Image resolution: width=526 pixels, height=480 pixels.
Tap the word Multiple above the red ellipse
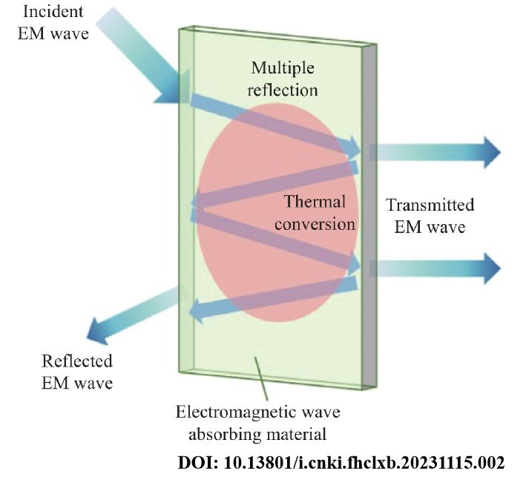click(x=283, y=68)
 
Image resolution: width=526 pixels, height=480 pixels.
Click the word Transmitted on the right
click(x=431, y=205)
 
